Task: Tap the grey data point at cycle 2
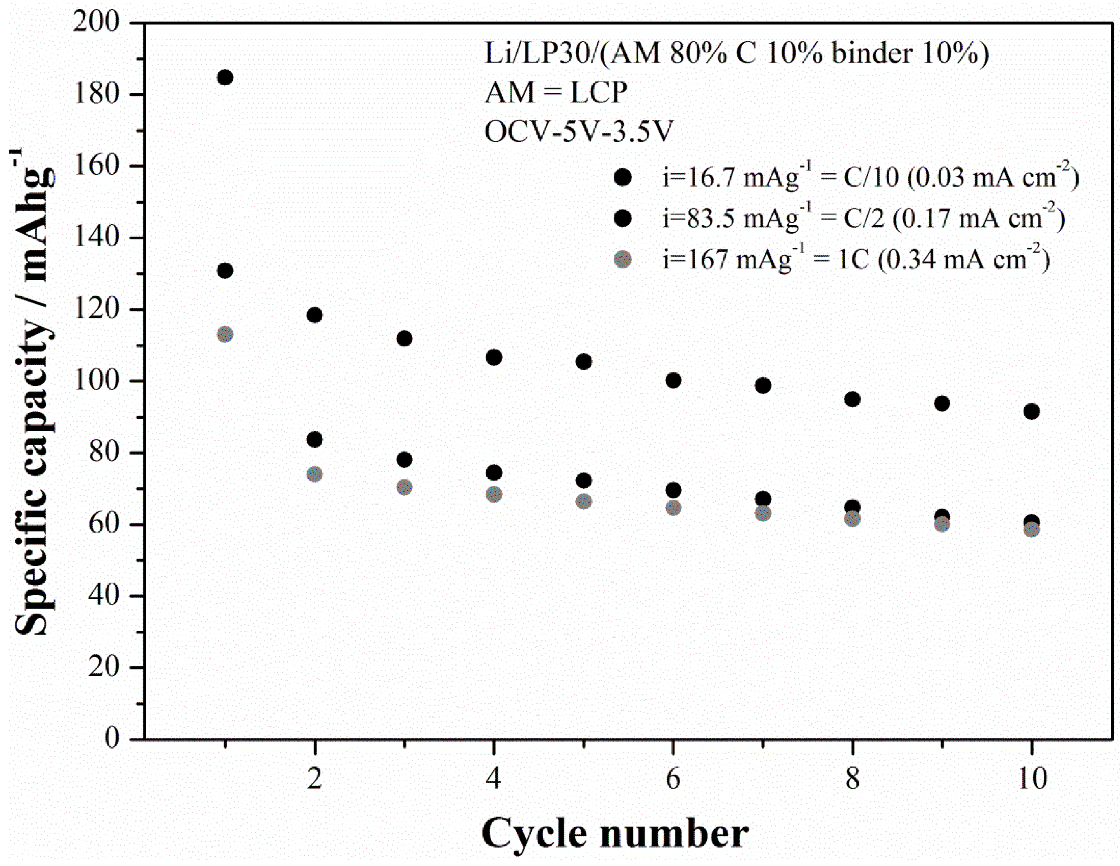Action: point(315,474)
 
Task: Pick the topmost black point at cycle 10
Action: point(1031,411)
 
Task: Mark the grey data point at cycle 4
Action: point(494,495)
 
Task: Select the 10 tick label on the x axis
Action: point(1031,778)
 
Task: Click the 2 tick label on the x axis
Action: point(314,778)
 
